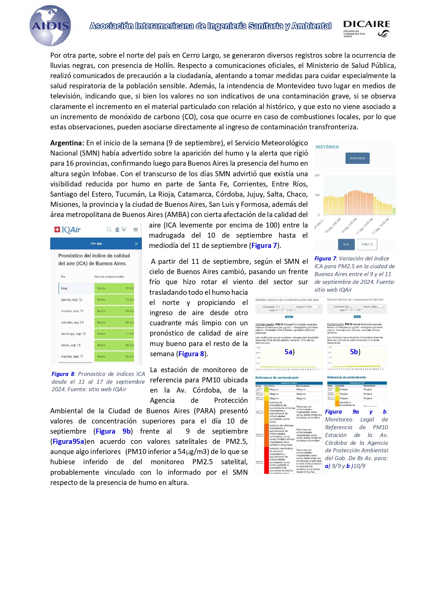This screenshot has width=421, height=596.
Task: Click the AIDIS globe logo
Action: pyautogui.click(x=50, y=25)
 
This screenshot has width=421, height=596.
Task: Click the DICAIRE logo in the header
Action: pyautogui.click(x=366, y=28)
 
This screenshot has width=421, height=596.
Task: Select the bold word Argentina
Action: pyautogui.click(x=67, y=143)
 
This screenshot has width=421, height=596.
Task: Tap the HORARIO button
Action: pyautogui.click(x=357, y=158)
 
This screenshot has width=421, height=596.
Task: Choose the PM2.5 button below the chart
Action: pyautogui.click(x=367, y=244)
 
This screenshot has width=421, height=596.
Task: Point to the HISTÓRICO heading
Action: pyautogui.click(x=327, y=147)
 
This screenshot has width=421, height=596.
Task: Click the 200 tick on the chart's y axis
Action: pyautogui.click(x=317, y=175)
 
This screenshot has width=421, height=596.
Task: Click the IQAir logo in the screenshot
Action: pyautogui.click(x=68, y=230)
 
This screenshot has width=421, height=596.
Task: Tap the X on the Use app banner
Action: pyautogui.click(x=136, y=243)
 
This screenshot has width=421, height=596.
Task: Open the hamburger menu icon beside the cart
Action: pyautogui.click(x=135, y=230)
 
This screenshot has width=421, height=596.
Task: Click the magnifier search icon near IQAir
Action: pyautogui.click(x=109, y=230)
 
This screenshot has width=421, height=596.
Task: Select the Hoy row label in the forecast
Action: pyautogui.click(x=64, y=288)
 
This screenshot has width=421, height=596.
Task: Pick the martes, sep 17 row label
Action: pyautogui.click(x=72, y=357)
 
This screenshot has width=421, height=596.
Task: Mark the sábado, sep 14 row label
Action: pyautogui.click(x=72, y=322)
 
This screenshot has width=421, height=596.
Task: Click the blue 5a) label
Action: pyautogui.click(x=289, y=352)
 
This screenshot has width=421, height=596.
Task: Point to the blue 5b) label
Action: pyautogui.click(x=355, y=352)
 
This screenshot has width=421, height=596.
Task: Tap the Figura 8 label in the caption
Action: pyautogui.click(x=63, y=374)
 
